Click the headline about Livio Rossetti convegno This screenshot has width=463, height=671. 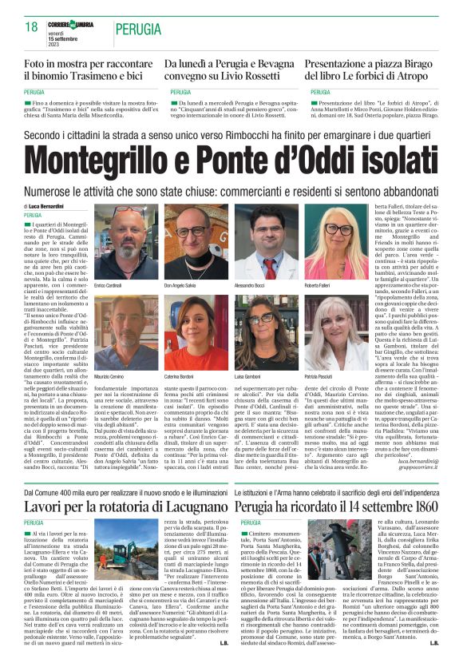click(x=231, y=69)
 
